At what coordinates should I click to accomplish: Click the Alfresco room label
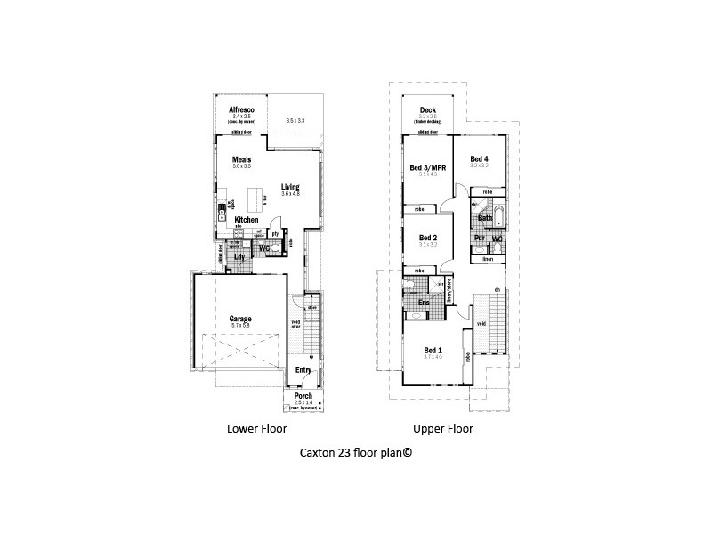(x=242, y=109)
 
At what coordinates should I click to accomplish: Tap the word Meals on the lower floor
(x=242, y=160)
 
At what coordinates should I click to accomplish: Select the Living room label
(x=289, y=186)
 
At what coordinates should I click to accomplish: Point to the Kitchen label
(x=247, y=218)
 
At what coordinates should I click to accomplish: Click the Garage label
(x=240, y=318)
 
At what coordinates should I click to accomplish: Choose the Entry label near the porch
(x=303, y=370)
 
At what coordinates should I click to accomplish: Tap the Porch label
(x=303, y=396)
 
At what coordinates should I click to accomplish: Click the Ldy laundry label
(x=239, y=257)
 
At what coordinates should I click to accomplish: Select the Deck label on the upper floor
(x=427, y=110)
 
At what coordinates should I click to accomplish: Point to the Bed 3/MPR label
(x=427, y=166)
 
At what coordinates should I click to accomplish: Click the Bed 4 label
(x=479, y=158)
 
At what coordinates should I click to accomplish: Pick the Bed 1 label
(x=433, y=349)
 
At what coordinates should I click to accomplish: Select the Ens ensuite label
(x=425, y=303)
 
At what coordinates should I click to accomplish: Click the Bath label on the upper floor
(x=485, y=217)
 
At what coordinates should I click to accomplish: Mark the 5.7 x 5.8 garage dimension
(x=240, y=326)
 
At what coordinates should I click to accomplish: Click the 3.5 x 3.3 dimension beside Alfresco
(x=295, y=120)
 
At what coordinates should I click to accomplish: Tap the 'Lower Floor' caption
(x=255, y=428)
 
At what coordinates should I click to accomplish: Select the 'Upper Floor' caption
(x=442, y=428)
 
